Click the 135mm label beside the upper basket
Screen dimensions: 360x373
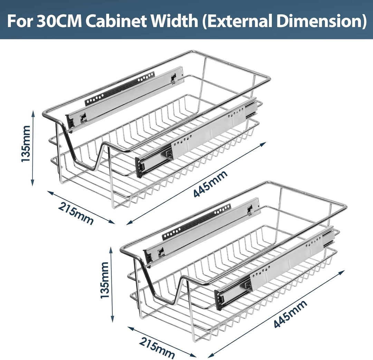click(26, 144)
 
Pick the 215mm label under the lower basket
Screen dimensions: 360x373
click(157, 347)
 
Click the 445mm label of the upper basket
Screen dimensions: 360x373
click(211, 183)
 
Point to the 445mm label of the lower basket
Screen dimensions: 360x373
click(290, 314)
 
